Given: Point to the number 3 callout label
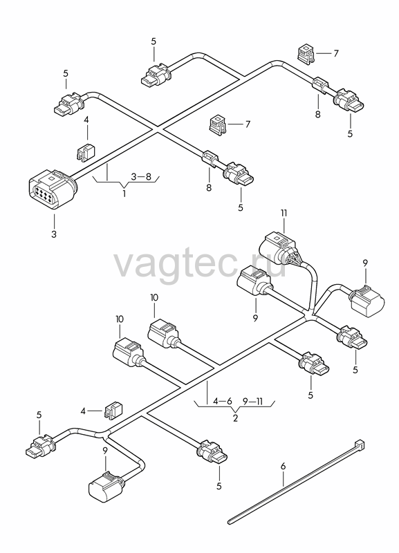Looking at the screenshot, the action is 54,234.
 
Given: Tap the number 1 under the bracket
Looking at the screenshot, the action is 124,194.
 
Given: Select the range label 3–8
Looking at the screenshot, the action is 141,176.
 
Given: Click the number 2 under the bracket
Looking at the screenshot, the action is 235,418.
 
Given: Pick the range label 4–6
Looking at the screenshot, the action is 223,401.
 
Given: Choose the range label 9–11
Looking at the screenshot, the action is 253,401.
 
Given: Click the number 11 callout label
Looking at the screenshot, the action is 284,213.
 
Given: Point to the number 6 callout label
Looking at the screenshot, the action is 284,466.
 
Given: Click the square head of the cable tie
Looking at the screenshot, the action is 360,443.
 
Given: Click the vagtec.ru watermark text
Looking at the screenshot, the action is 200,264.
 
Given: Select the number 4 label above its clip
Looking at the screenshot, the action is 86,120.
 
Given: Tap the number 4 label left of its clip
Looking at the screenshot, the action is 83,411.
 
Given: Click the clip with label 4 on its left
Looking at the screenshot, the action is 113,411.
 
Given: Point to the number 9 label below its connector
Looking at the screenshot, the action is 255,318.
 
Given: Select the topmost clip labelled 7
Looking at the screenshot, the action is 306,54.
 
